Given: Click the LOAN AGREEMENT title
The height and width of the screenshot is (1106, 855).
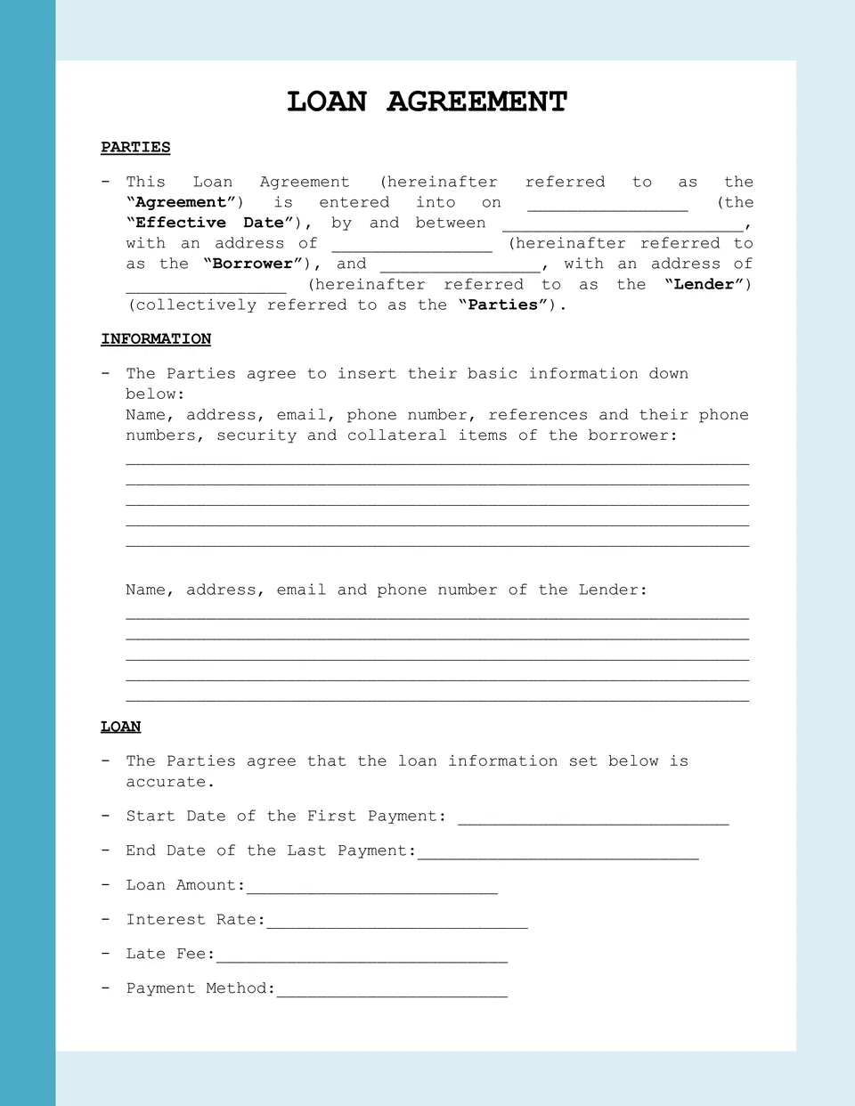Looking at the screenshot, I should click(x=427, y=102).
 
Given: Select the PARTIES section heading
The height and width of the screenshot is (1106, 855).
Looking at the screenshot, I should click(x=135, y=147).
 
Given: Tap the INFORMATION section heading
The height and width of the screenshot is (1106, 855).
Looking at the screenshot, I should click(x=156, y=338).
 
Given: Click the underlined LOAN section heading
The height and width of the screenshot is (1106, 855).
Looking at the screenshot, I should click(x=120, y=726).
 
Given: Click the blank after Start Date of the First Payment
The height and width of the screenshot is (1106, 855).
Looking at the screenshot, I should click(x=593, y=819).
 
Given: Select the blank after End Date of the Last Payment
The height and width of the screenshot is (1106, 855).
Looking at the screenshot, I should click(x=558, y=854).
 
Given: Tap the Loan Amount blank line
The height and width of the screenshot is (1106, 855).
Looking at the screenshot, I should click(x=372, y=888).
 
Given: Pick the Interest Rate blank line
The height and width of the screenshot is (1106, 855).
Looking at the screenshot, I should click(x=397, y=923).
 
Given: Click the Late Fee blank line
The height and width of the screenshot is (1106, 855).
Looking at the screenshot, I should click(x=362, y=957).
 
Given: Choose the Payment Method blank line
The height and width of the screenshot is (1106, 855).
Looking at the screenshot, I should click(x=392, y=991).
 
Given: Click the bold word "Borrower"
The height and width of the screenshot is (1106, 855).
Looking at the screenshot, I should click(x=253, y=264).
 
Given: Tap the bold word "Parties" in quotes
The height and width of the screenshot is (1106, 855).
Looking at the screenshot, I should click(x=503, y=305).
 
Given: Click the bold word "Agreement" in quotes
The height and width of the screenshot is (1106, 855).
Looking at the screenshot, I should click(x=181, y=202).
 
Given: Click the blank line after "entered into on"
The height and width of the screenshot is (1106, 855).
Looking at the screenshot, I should click(x=607, y=206).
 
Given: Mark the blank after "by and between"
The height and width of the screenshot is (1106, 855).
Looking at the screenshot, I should click(x=623, y=226).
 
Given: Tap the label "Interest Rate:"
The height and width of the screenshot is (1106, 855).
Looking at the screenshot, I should click(x=196, y=919).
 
